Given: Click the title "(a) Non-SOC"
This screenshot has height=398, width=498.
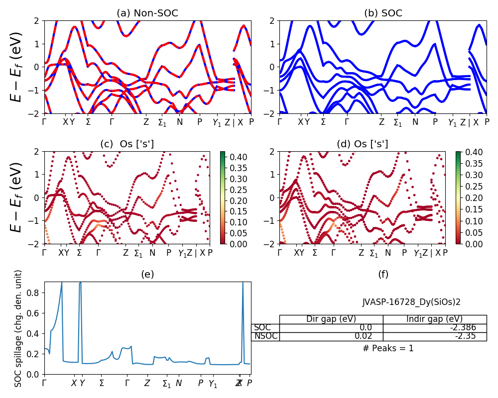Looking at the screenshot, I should pyautogui.click(x=147, y=13).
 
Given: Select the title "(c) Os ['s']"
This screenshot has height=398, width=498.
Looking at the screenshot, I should pyautogui.click(x=127, y=144).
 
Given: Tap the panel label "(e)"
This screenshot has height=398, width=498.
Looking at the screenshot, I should pyautogui.click(x=147, y=274).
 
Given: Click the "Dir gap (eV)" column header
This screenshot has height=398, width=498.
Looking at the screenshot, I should pyautogui.click(x=331, y=319).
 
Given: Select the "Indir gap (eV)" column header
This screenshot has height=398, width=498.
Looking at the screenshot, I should pyautogui.click(x=434, y=319).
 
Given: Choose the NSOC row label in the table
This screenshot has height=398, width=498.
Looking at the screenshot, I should pyautogui.click(x=265, y=336).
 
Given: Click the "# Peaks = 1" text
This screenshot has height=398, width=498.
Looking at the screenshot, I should pyautogui.click(x=388, y=348).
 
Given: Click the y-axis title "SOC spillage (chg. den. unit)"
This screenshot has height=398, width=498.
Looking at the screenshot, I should pyautogui.click(x=18, y=328).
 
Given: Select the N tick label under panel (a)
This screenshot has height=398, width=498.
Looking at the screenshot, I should pyautogui.click(x=180, y=122).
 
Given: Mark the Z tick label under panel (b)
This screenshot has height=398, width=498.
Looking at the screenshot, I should pyautogui.click(x=381, y=122).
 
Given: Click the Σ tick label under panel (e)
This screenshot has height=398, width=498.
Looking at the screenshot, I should pyautogui.click(x=102, y=383).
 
